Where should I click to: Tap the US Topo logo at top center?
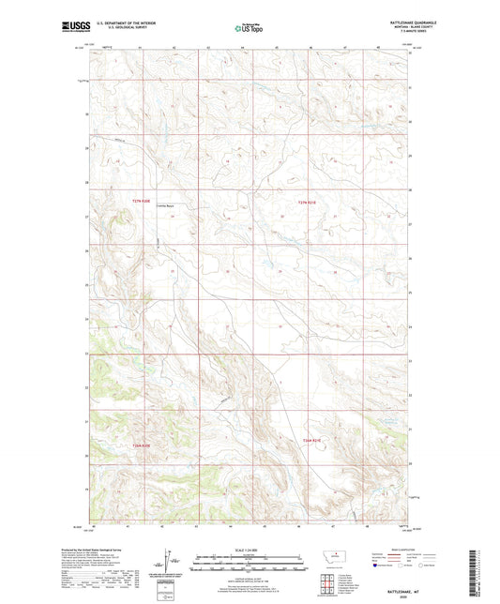247,29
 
